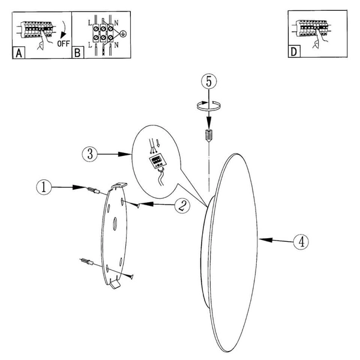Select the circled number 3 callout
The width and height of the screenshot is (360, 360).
88,154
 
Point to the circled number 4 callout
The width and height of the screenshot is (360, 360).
301,242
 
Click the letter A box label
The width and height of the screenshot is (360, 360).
19,53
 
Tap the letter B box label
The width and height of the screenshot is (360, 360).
77,53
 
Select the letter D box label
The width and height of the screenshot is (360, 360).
293,52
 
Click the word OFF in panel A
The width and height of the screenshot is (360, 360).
62,44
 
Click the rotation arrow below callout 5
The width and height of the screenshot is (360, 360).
209,106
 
